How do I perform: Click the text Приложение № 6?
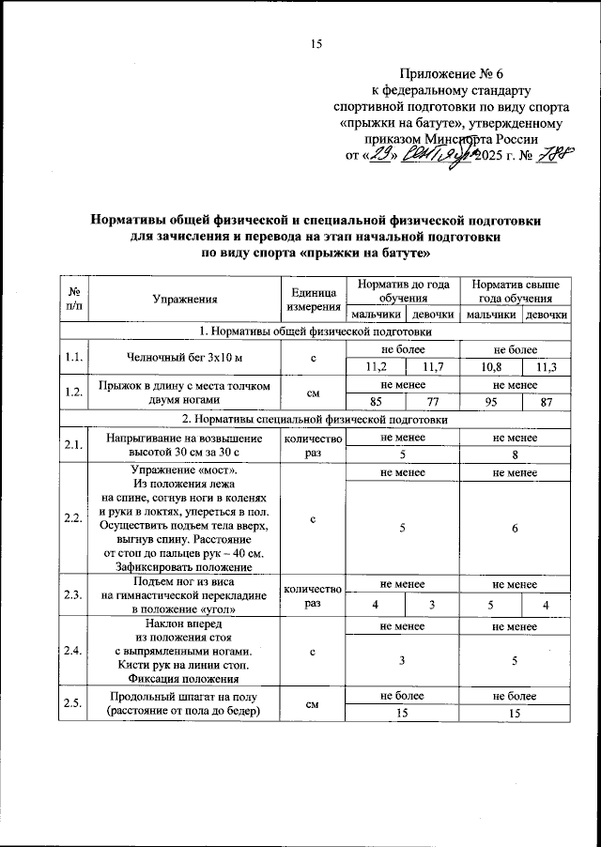click(453, 73)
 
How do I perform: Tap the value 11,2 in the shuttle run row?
click(374, 367)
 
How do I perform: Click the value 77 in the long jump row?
click(432, 403)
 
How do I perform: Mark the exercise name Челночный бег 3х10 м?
click(185, 358)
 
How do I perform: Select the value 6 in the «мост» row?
click(516, 527)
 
